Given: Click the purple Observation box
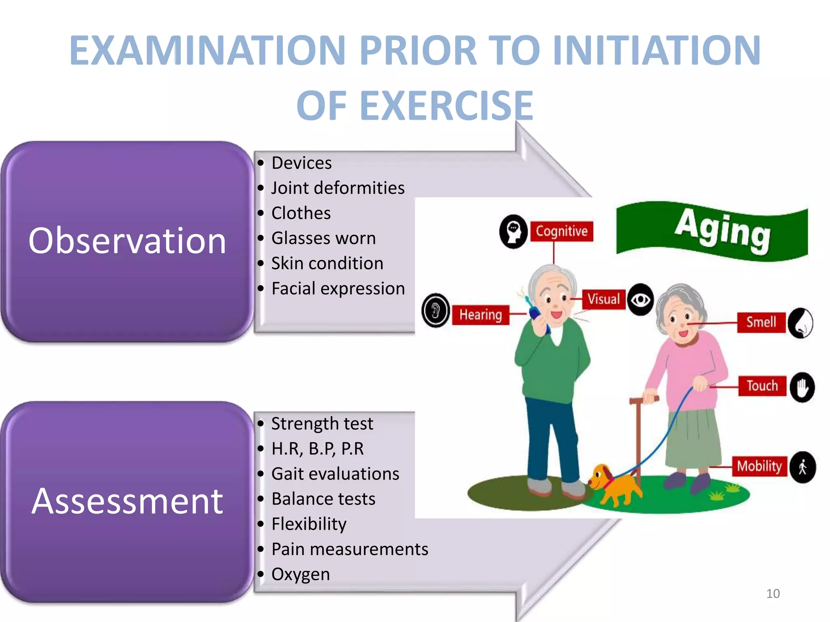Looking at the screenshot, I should click(x=127, y=241).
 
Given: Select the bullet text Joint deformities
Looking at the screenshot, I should click(x=338, y=188).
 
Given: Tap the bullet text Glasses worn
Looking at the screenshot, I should click(x=323, y=239).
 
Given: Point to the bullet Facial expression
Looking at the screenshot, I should click(x=338, y=289).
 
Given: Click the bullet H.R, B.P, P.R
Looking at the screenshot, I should click(x=317, y=449).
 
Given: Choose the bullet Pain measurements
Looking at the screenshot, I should click(x=349, y=550).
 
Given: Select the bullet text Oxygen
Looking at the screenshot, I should click(x=300, y=575).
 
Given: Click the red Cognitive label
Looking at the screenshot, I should click(x=561, y=231).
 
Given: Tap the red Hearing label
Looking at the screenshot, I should click(x=480, y=315).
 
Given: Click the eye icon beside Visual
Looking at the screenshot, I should click(x=640, y=300).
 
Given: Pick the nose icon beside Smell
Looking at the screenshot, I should click(x=801, y=323).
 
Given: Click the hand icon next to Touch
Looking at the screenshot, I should click(x=802, y=387).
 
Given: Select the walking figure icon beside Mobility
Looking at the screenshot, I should click(x=802, y=467).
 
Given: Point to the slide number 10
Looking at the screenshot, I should click(x=773, y=594).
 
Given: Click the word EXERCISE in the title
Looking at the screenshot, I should click(x=446, y=106).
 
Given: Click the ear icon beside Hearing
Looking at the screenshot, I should click(x=436, y=311).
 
